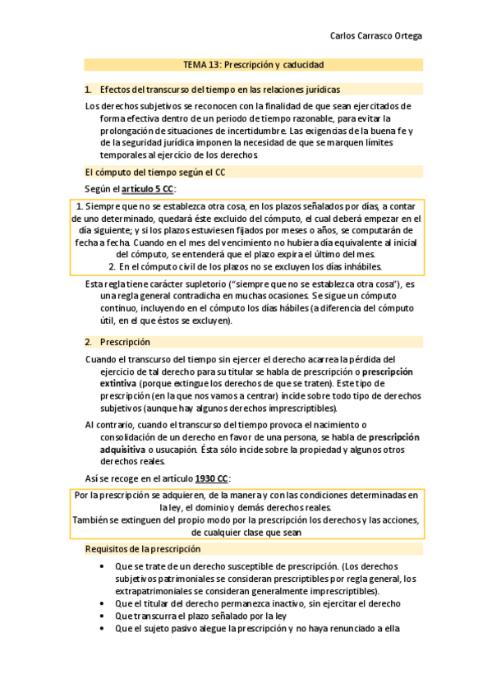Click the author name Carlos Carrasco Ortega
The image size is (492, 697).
(x=375, y=36)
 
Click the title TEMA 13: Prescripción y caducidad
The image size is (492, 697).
(x=253, y=64)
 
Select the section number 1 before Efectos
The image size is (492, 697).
(x=88, y=89)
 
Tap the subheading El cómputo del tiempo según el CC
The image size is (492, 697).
(x=155, y=172)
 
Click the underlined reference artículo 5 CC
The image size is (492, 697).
(x=148, y=189)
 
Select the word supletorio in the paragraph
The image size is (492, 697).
(x=200, y=284)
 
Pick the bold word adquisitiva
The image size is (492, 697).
(x=122, y=449)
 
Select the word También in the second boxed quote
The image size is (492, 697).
(x=93, y=519)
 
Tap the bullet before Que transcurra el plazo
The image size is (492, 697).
(x=101, y=615)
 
